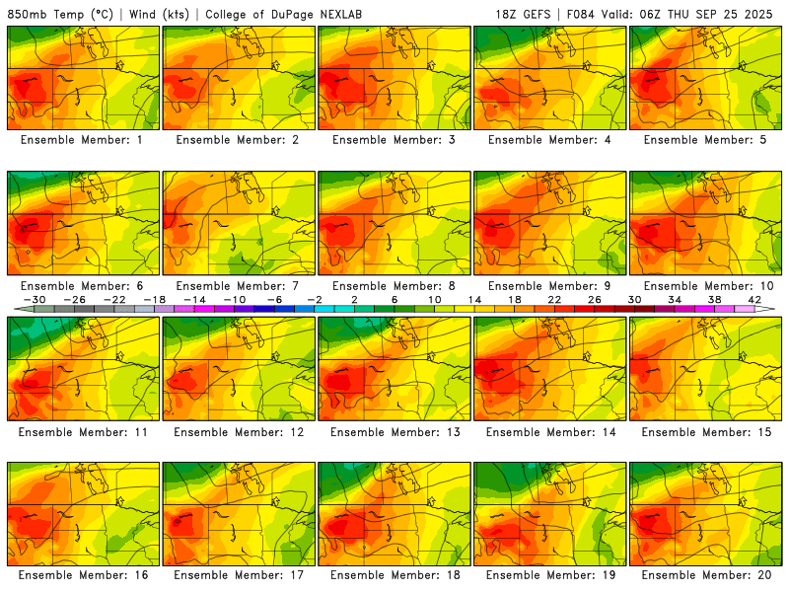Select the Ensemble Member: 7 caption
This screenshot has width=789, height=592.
tap(239, 286)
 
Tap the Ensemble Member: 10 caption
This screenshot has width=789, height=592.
tap(706, 286)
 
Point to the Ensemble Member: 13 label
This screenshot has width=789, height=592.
tap(394, 431)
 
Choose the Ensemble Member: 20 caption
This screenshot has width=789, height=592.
tap(706, 575)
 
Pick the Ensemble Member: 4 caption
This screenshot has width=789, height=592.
tap(550, 140)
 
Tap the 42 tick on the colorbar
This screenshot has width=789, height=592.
tap(753, 299)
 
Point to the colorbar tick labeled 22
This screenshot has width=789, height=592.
tap(553, 299)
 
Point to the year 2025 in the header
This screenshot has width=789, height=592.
tap(762, 14)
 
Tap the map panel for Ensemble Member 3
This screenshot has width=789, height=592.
tap(394, 78)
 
